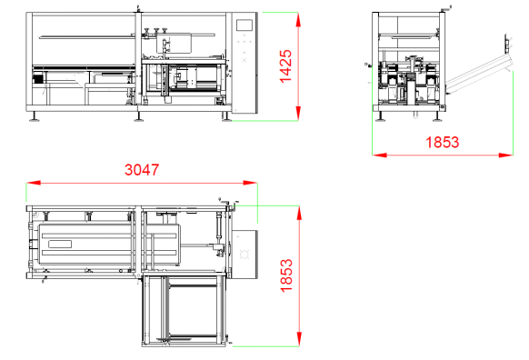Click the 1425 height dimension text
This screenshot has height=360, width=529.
(285, 66)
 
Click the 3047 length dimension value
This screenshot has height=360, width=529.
(142, 170)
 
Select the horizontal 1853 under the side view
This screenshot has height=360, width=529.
(443, 142)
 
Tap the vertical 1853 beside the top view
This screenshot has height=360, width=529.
(286, 275)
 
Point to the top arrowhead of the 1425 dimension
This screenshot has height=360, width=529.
(298, 20)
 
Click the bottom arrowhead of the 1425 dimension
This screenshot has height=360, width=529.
(298, 113)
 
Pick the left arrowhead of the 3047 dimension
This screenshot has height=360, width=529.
(34, 183)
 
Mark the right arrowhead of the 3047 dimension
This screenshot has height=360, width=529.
(250, 183)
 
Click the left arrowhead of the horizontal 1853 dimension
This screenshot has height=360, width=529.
(380, 155)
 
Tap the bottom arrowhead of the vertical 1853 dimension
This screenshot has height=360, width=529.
(299, 339)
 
